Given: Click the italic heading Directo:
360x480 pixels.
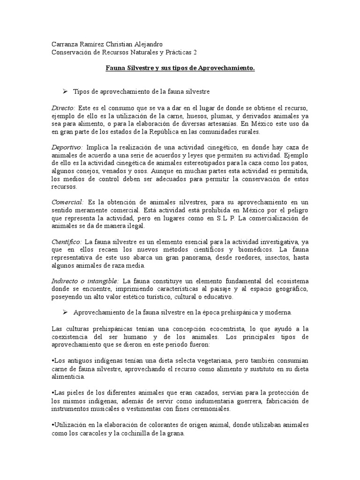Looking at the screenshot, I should (63, 108).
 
